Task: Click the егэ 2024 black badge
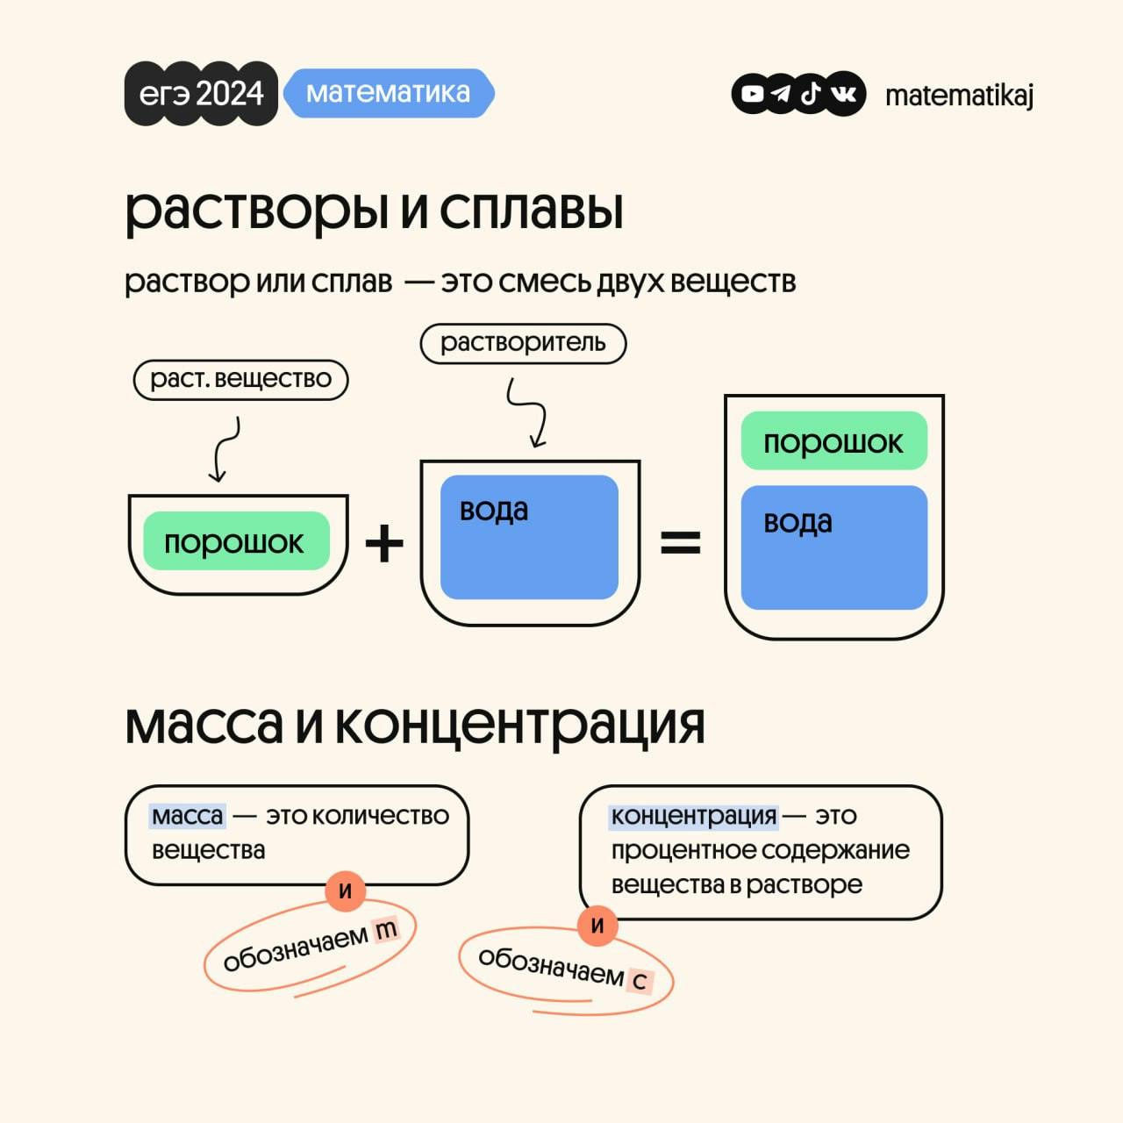pos(201,93)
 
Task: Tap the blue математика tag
pos(388,93)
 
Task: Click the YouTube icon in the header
pos(753,93)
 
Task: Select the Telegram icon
pos(782,93)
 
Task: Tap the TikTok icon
pos(812,93)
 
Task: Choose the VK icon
pos(844,93)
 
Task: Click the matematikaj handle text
pos(959,95)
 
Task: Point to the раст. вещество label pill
pos(240,380)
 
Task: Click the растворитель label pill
pos(523,343)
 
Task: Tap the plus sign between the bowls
pos(384,543)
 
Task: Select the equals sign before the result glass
pos(680,543)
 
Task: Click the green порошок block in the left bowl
pos(235,541)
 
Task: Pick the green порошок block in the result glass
pos(833,441)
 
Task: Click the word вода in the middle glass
pos(494,510)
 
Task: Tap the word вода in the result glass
pos(798,522)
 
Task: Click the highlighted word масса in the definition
pos(187,816)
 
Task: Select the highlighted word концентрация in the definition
pos(693,816)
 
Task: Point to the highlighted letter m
pos(385,929)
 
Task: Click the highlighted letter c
pos(640,980)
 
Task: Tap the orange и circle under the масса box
pos(346,891)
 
